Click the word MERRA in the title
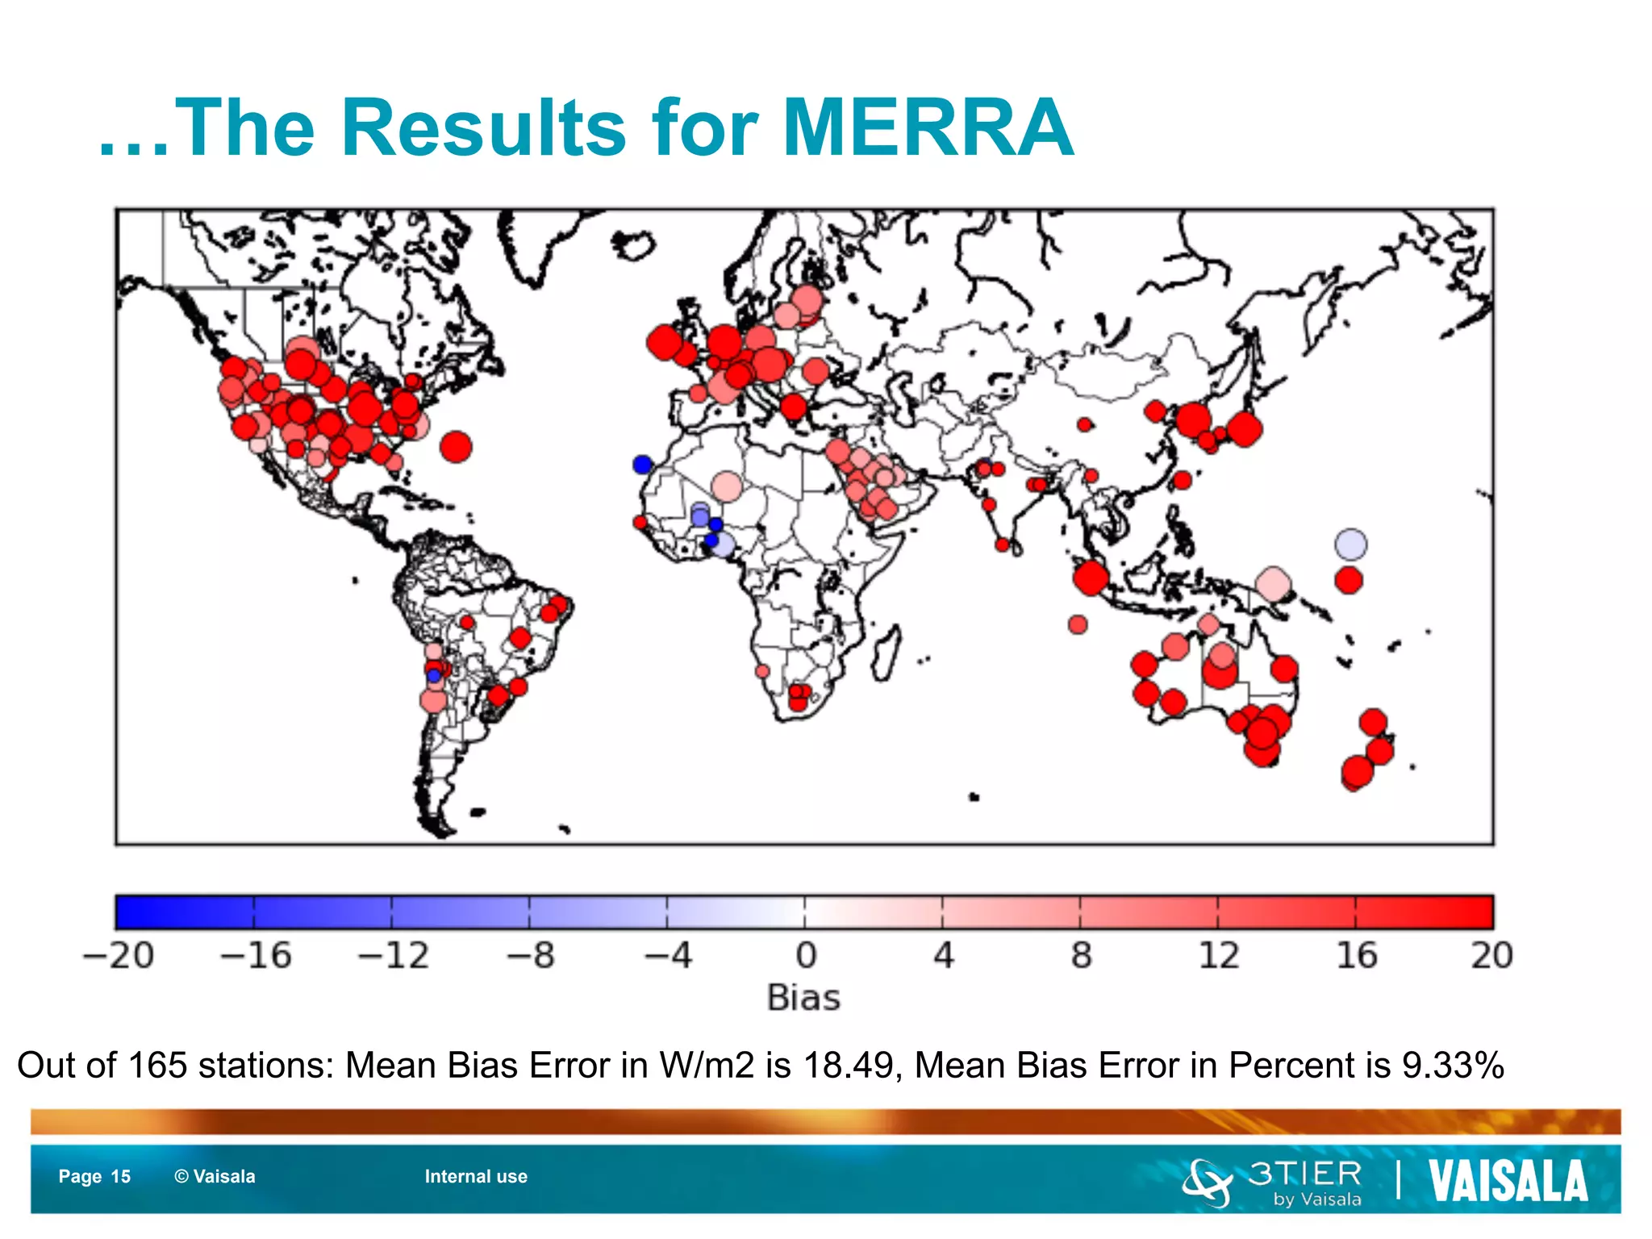click(x=928, y=127)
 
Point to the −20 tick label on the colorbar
click(x=119, y=956)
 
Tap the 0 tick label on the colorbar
click(x=806, y=956)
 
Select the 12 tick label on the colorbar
click(x=1218, y=956)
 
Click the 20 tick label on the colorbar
click(x=1491, y=956)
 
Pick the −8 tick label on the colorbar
click(x=530, y=956)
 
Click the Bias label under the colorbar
click(x=803, y=999)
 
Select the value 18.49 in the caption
click(x=848, y=1066)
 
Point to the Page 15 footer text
click(x=94, y=1177)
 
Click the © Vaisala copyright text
click(x=215, y=1177)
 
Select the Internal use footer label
click(x=476, y=1177)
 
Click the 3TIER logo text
click(x=1304, y=1174)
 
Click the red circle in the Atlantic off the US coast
click(x=456, y=446)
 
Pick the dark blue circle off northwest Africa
click(x=643, y=465)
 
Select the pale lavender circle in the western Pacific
click(x=1350, y=544)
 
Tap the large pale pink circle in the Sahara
click(x=727, y=486)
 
